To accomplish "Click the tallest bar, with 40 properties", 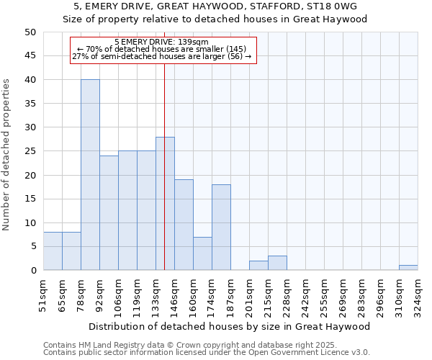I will pyautogui.click(x=90, y=175).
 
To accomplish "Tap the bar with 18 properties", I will pyautogui.click(x=221, y=228).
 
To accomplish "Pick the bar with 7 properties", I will pyautogui.click(x=202, y=253).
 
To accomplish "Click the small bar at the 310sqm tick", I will pyautogui.click(x=408, y=268).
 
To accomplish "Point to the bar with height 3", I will pyautogui.click(x=277, y=263).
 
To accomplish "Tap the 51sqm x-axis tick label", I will pyautogui.click(x=43, y=294).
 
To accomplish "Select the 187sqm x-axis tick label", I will pyautogui.click(x=230, y=294).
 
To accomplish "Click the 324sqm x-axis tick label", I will pyautogui.click(x=418, y=294).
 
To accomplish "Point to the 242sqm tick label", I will pyautogui.click(x=305, y=294).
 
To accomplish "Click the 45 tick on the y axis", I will pyautogui.click(x=30, y=56).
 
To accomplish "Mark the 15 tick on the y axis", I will pyautogui.click(x=30, y=199).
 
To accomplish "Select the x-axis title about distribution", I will pyautogui.click(x=230, y=326).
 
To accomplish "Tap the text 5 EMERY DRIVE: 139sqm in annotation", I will pyautogui.click(x=161, y=42).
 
